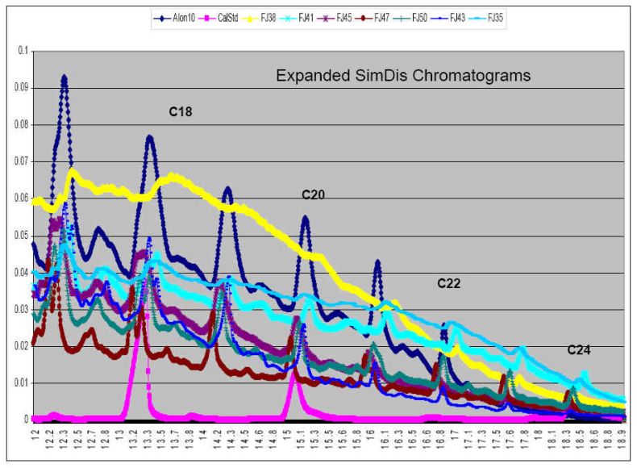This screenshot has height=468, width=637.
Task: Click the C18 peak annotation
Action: point(180,111)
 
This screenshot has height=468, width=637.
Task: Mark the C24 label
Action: point(579,350)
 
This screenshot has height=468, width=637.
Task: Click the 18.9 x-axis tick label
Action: point(625,443)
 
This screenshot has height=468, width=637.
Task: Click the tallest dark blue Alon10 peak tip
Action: point(64,76)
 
